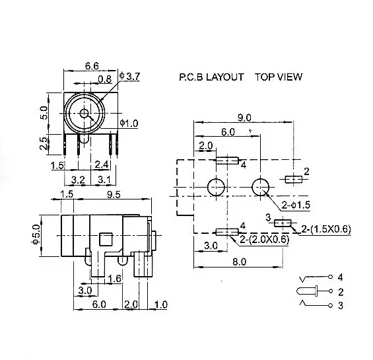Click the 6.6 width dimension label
point(92,66)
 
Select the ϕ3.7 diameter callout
point(129,76)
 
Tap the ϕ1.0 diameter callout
point(129,123)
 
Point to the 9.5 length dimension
point(114,194)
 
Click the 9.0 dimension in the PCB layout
point(244,118)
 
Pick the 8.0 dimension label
point(239,262)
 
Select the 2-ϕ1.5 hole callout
point(296,205)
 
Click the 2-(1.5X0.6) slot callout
point(326,229)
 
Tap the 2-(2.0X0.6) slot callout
point(265,239)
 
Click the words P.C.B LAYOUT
point(211,77)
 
